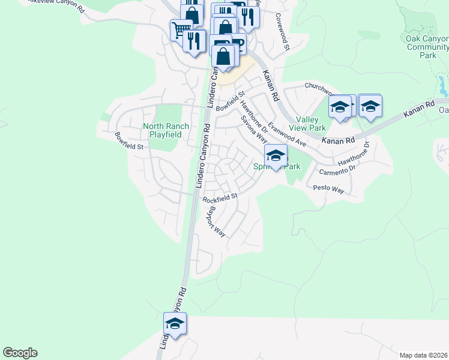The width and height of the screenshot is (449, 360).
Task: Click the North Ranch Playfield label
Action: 166,130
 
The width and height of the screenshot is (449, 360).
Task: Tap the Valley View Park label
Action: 310,124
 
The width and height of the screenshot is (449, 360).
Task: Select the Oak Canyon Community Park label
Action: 427,46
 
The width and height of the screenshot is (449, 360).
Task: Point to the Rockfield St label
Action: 220,197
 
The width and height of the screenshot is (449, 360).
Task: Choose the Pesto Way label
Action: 329,189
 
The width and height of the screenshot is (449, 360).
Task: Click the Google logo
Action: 20,353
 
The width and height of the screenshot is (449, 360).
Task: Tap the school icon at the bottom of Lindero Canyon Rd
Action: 175,324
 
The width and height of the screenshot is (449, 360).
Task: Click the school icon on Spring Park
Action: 276,156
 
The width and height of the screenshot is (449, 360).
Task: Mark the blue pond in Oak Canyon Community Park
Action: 444,88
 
